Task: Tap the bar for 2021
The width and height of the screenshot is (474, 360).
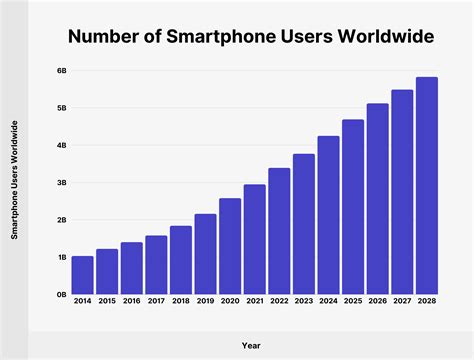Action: pos(254,239)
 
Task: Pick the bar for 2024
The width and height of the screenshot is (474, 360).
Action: pos(328,215)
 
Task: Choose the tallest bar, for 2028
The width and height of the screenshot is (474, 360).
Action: pos(426,186)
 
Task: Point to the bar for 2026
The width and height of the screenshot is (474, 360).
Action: pos(377,199)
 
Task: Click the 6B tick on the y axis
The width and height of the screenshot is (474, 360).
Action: pos(61,71)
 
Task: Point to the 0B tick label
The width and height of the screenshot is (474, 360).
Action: pos(61,295)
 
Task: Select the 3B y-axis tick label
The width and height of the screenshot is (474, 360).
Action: pos(61,183)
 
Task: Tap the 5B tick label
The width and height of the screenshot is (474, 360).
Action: pos(61,108)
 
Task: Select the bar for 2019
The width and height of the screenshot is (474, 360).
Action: pos(205,254)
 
